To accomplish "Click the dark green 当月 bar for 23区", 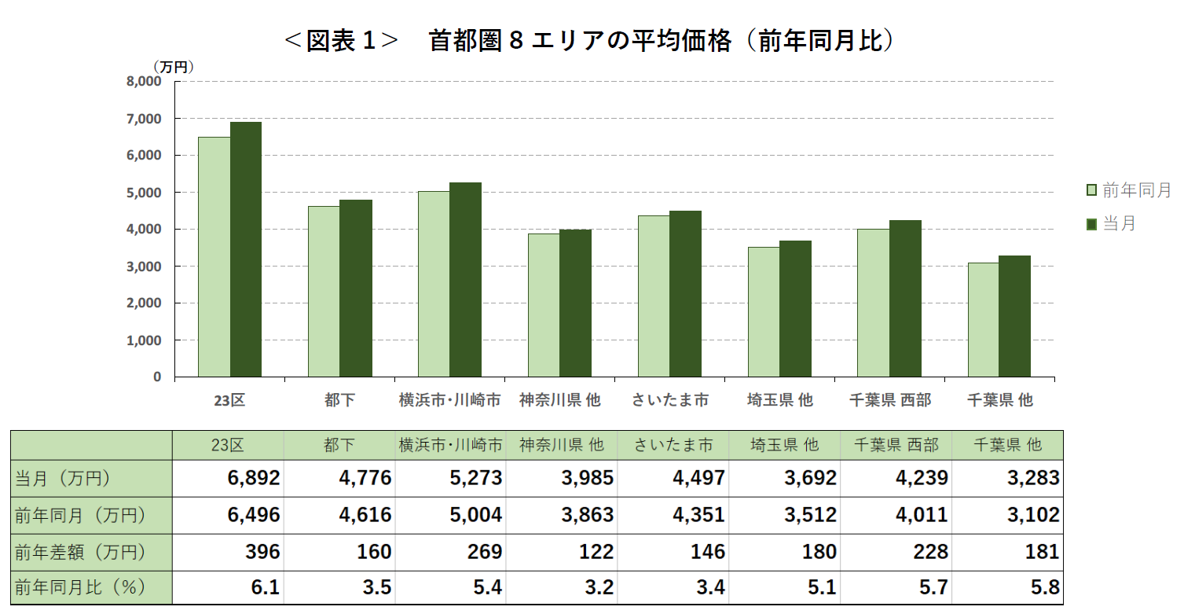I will pyautogui.click(x=246, y=249).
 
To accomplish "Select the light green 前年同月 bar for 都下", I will pyautogui.click(x=324, y=292).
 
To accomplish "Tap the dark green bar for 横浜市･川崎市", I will pyautogui.click(x=465, y=280).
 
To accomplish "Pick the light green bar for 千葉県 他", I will pyautogui.click(x=983, y=320).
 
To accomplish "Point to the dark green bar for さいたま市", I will pyautogui.click(x=685, y=294).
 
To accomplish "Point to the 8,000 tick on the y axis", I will pyautogui.click(x=145, y=82).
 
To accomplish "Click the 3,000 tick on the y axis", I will pyautogui.click(x=145, y=267).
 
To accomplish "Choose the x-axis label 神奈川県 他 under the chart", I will pyautogui.click(x=559, y=400).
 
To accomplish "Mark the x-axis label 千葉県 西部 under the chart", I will pyautogui.click(x=889, y=400).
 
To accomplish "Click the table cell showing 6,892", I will pyautogui.click(x=254, y=478).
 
